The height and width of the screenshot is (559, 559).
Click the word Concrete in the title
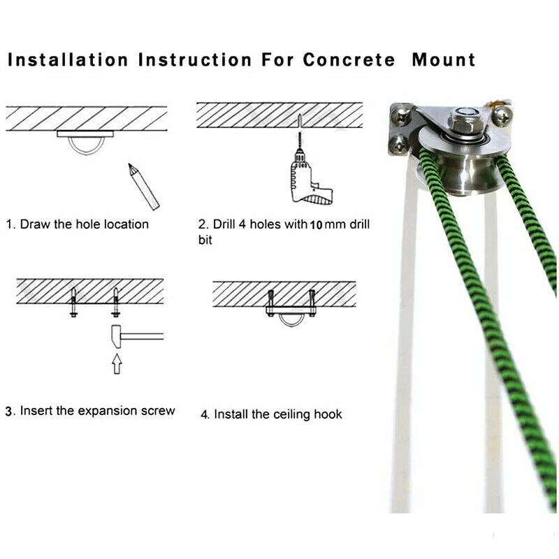pyautogui.click(x=349, y=59)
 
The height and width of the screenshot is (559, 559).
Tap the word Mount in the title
pyautogui.click(x=444, y=59)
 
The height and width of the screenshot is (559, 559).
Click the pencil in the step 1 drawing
pyautogui.click(x=144, y=186)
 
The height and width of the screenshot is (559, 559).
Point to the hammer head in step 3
pyautogui.click(x=116, y=337)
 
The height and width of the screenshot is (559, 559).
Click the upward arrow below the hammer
pyautogui.click(x=117, y=363)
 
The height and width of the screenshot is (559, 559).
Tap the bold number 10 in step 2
pyautogui.click(x=317, y=225)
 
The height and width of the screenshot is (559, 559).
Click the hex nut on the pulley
pyautogui.click(x=467, y=119)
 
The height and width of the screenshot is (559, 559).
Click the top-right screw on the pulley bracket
pyautogui.click(x=502, y=115)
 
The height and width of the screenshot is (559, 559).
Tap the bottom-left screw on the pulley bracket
pyautogui.click(x=398, y=145)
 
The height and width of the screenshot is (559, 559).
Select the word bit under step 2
pyautogui.click(x=205, y=240)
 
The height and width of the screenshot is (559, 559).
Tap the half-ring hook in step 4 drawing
pyautogui.click(x=291, y=324)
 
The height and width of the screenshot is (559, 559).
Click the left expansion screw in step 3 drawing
pyautogui.click(x=74, y=302)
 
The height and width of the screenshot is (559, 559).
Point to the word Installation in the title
pyautogui.click(x=68, y=59)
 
